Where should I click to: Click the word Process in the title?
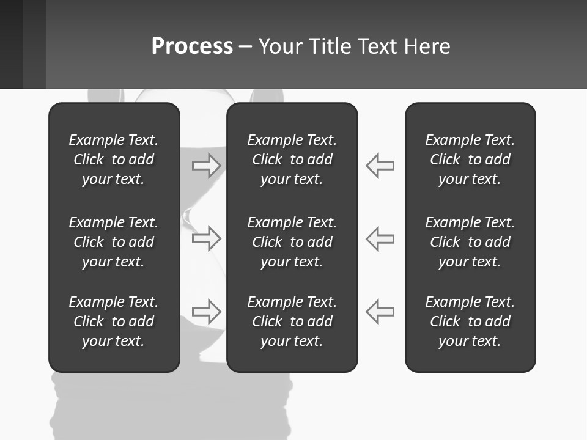pos(192,46)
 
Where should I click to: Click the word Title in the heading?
pos(331,46)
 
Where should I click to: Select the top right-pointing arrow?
pos(207,165)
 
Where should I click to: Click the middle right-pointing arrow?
pos(207,238)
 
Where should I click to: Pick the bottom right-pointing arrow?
pos(207,311)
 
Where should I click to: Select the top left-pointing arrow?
pos(380,165)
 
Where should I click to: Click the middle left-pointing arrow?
pos(380,238)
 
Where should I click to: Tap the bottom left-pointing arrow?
pos(380,311)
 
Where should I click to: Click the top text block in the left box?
pos(114,159)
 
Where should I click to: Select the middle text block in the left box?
pos(114,242)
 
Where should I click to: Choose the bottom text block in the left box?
pos(114,321)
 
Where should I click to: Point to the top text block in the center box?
pos(292,159)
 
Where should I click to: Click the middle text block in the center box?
pos(292,242)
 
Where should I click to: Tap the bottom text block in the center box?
pos(292,321)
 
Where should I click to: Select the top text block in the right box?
pos(470,159)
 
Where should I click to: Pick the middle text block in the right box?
pos(470,242)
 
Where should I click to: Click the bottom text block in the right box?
pos(470,321)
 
